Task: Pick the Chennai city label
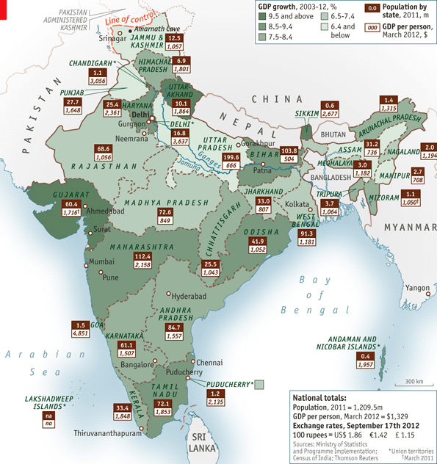pos(209,362)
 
